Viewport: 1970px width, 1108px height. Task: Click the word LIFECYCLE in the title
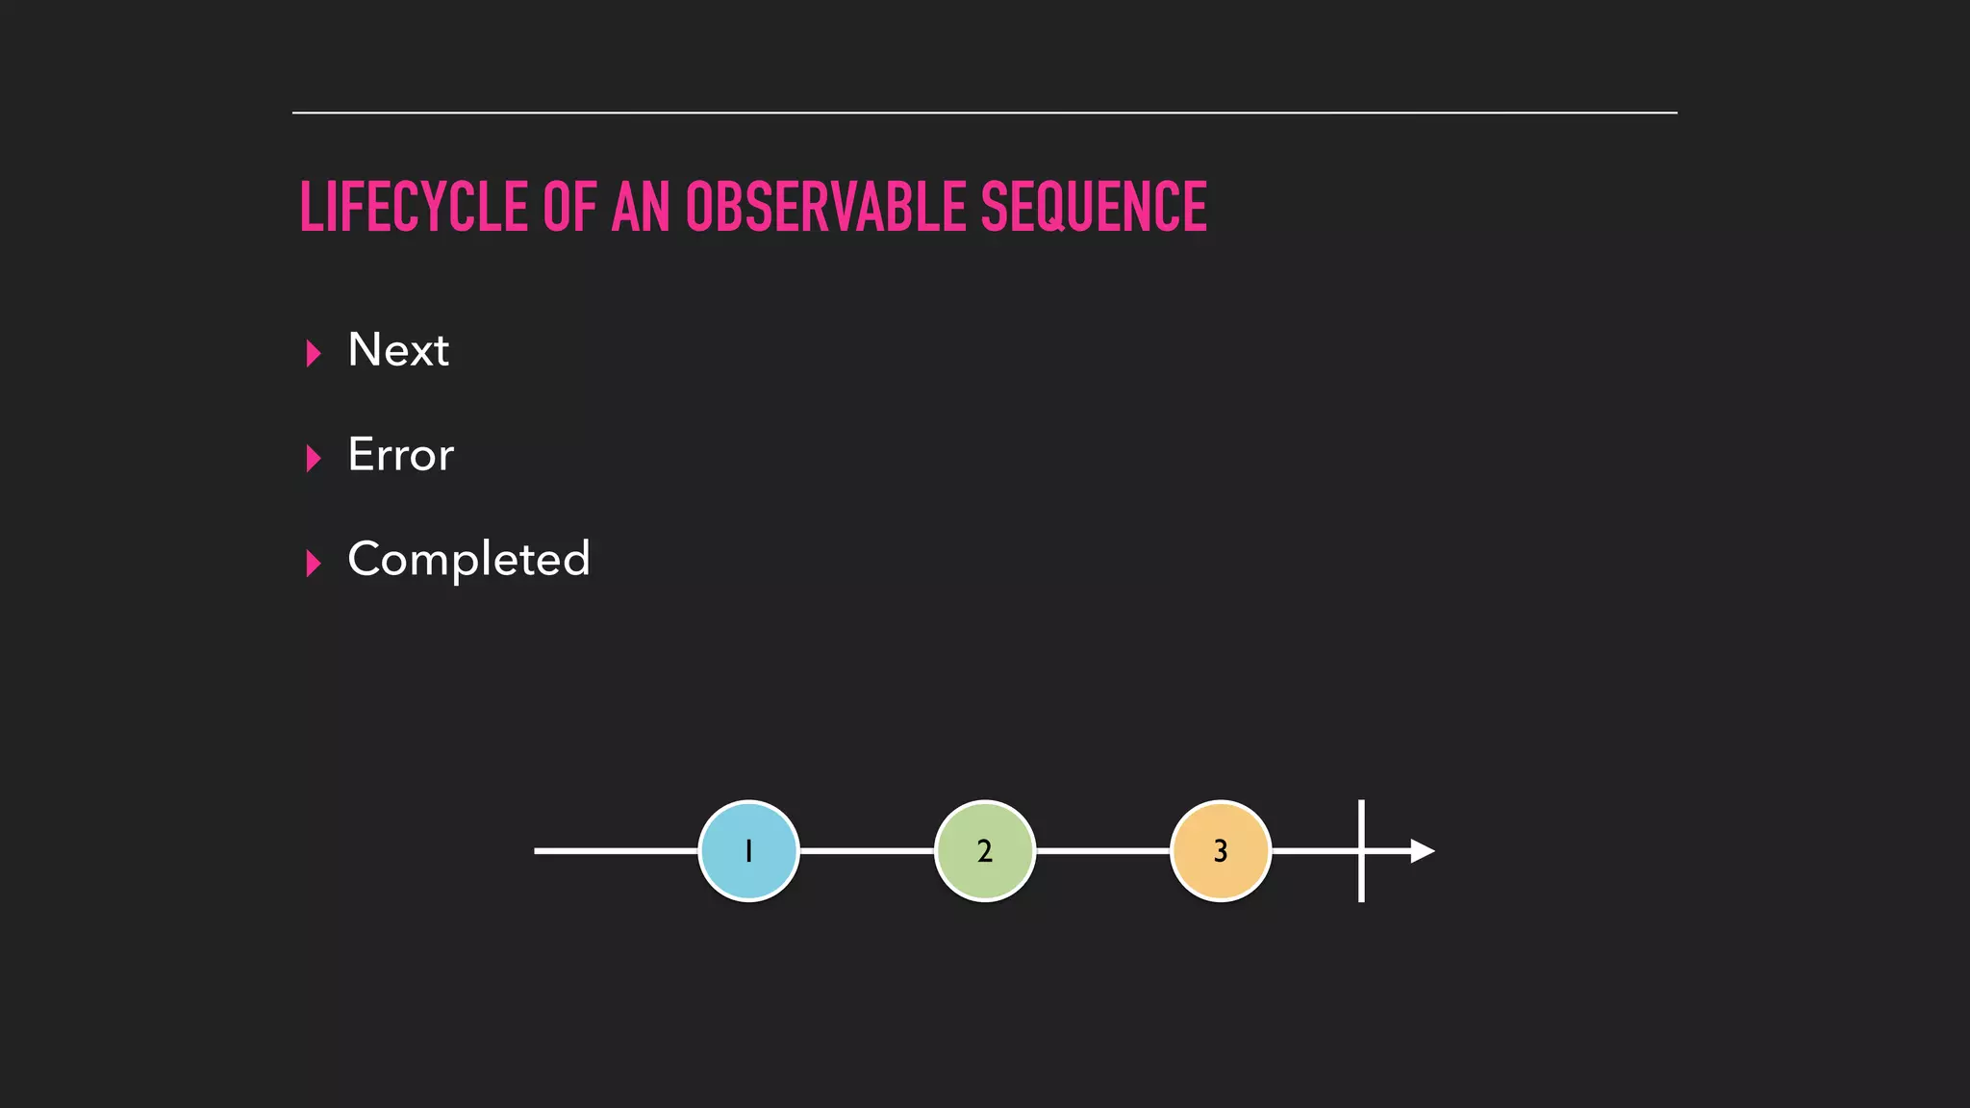click(414, 207)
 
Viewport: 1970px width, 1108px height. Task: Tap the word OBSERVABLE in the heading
click(825, 207)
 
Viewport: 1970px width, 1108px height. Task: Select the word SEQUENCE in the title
click(1093, 207)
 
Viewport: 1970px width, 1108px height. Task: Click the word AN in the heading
click(641, 207)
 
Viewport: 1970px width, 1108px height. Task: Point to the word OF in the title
click(569, 207)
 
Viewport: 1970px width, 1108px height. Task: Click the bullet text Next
click(397, 350)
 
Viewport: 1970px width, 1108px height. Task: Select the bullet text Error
click(400, 455)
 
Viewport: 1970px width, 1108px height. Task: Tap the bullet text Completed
click(468, 560)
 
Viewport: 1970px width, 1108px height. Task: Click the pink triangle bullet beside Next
click(313, 354)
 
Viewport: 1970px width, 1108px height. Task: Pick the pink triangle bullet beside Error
click(313, 459)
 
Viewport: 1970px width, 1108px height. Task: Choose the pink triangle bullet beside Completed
click(313, 564)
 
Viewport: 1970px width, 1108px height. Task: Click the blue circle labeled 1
click(748, 851)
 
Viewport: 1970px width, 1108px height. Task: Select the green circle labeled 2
click(984, 851)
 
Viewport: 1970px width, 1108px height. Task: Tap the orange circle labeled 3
click(1221, 851)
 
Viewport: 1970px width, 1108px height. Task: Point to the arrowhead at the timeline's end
click(1423, 851)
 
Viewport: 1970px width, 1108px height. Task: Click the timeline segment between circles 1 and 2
click(866, 851)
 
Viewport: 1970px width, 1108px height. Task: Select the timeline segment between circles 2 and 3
click(1102, 851)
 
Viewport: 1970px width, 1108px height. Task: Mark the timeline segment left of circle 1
click(616, 851)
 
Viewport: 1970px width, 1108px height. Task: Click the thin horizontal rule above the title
click(984, 113)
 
